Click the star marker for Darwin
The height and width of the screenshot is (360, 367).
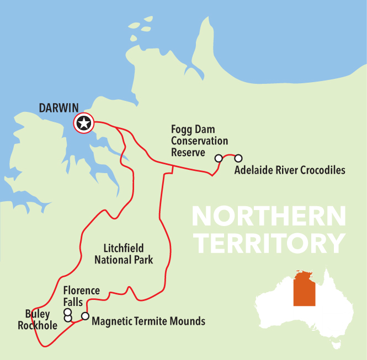coord(84,123)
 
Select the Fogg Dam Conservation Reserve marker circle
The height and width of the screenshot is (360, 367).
coord(219,158)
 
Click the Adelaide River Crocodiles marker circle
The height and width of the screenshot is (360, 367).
coord(238,158)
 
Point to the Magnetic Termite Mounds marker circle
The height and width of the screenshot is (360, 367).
coord(85,316)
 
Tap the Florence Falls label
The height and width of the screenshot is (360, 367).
coord(81,296)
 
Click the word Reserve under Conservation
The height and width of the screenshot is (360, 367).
coord(188,152)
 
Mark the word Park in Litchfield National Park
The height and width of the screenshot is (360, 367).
coord(142,259)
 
